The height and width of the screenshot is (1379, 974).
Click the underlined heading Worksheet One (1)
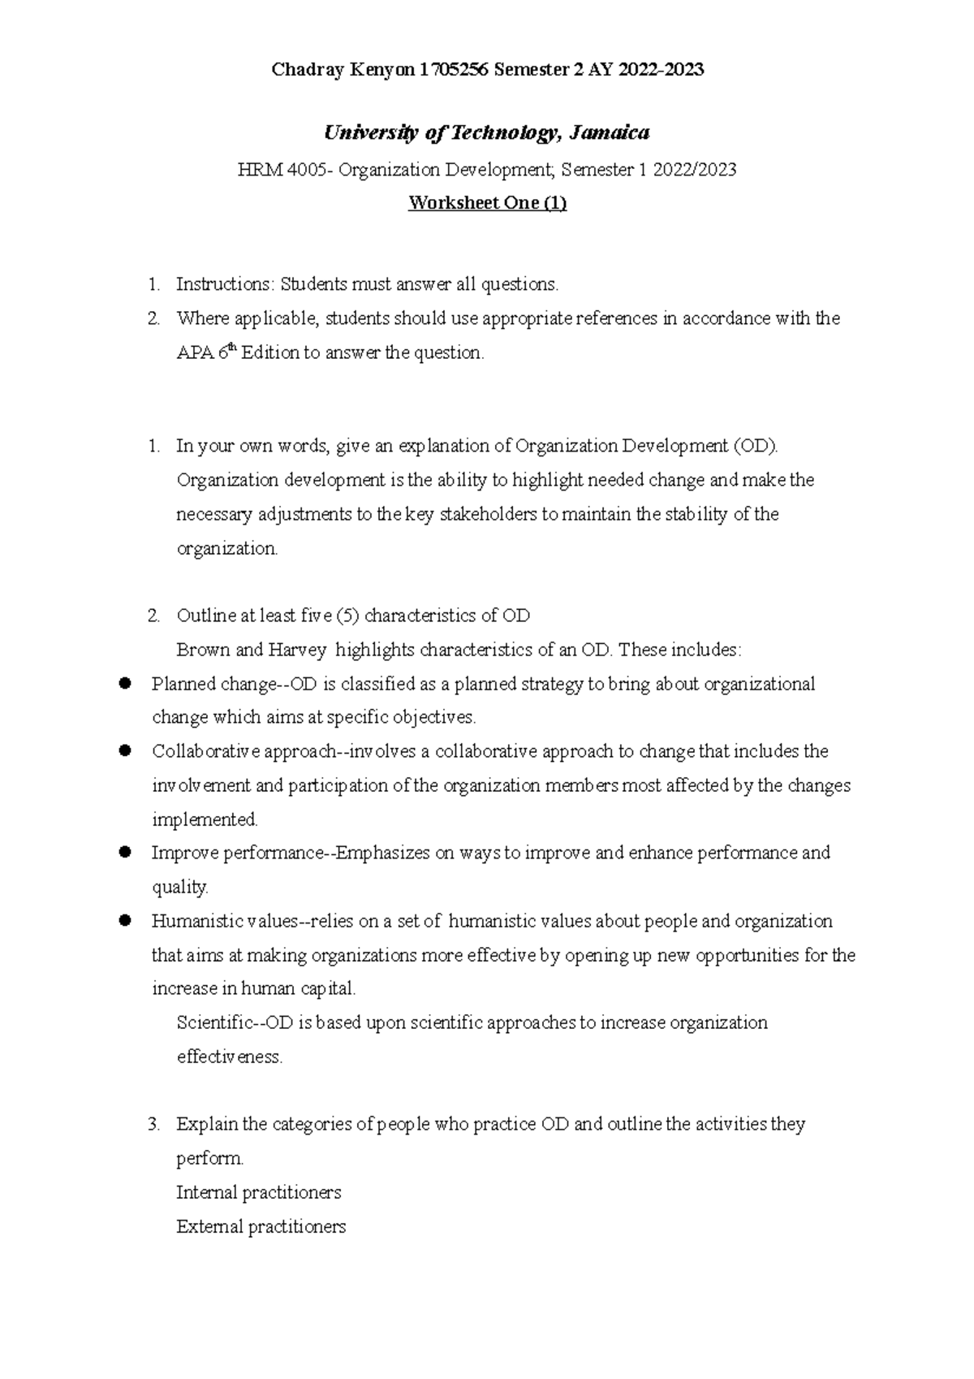[487, 203]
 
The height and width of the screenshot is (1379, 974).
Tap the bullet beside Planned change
[125, 684]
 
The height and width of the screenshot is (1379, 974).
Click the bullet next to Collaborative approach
[125, 751]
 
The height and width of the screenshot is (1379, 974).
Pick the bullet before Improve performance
[125, 853]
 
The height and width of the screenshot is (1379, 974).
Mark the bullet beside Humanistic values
[125, 921]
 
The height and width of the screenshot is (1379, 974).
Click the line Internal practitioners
[258, 1192]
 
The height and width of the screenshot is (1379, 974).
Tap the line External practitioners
[261, 1226]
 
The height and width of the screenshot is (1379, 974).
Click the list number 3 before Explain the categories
[153, 1125]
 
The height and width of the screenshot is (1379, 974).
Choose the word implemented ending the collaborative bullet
[205, 819]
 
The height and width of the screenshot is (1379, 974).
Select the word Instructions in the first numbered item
[223, 284]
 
